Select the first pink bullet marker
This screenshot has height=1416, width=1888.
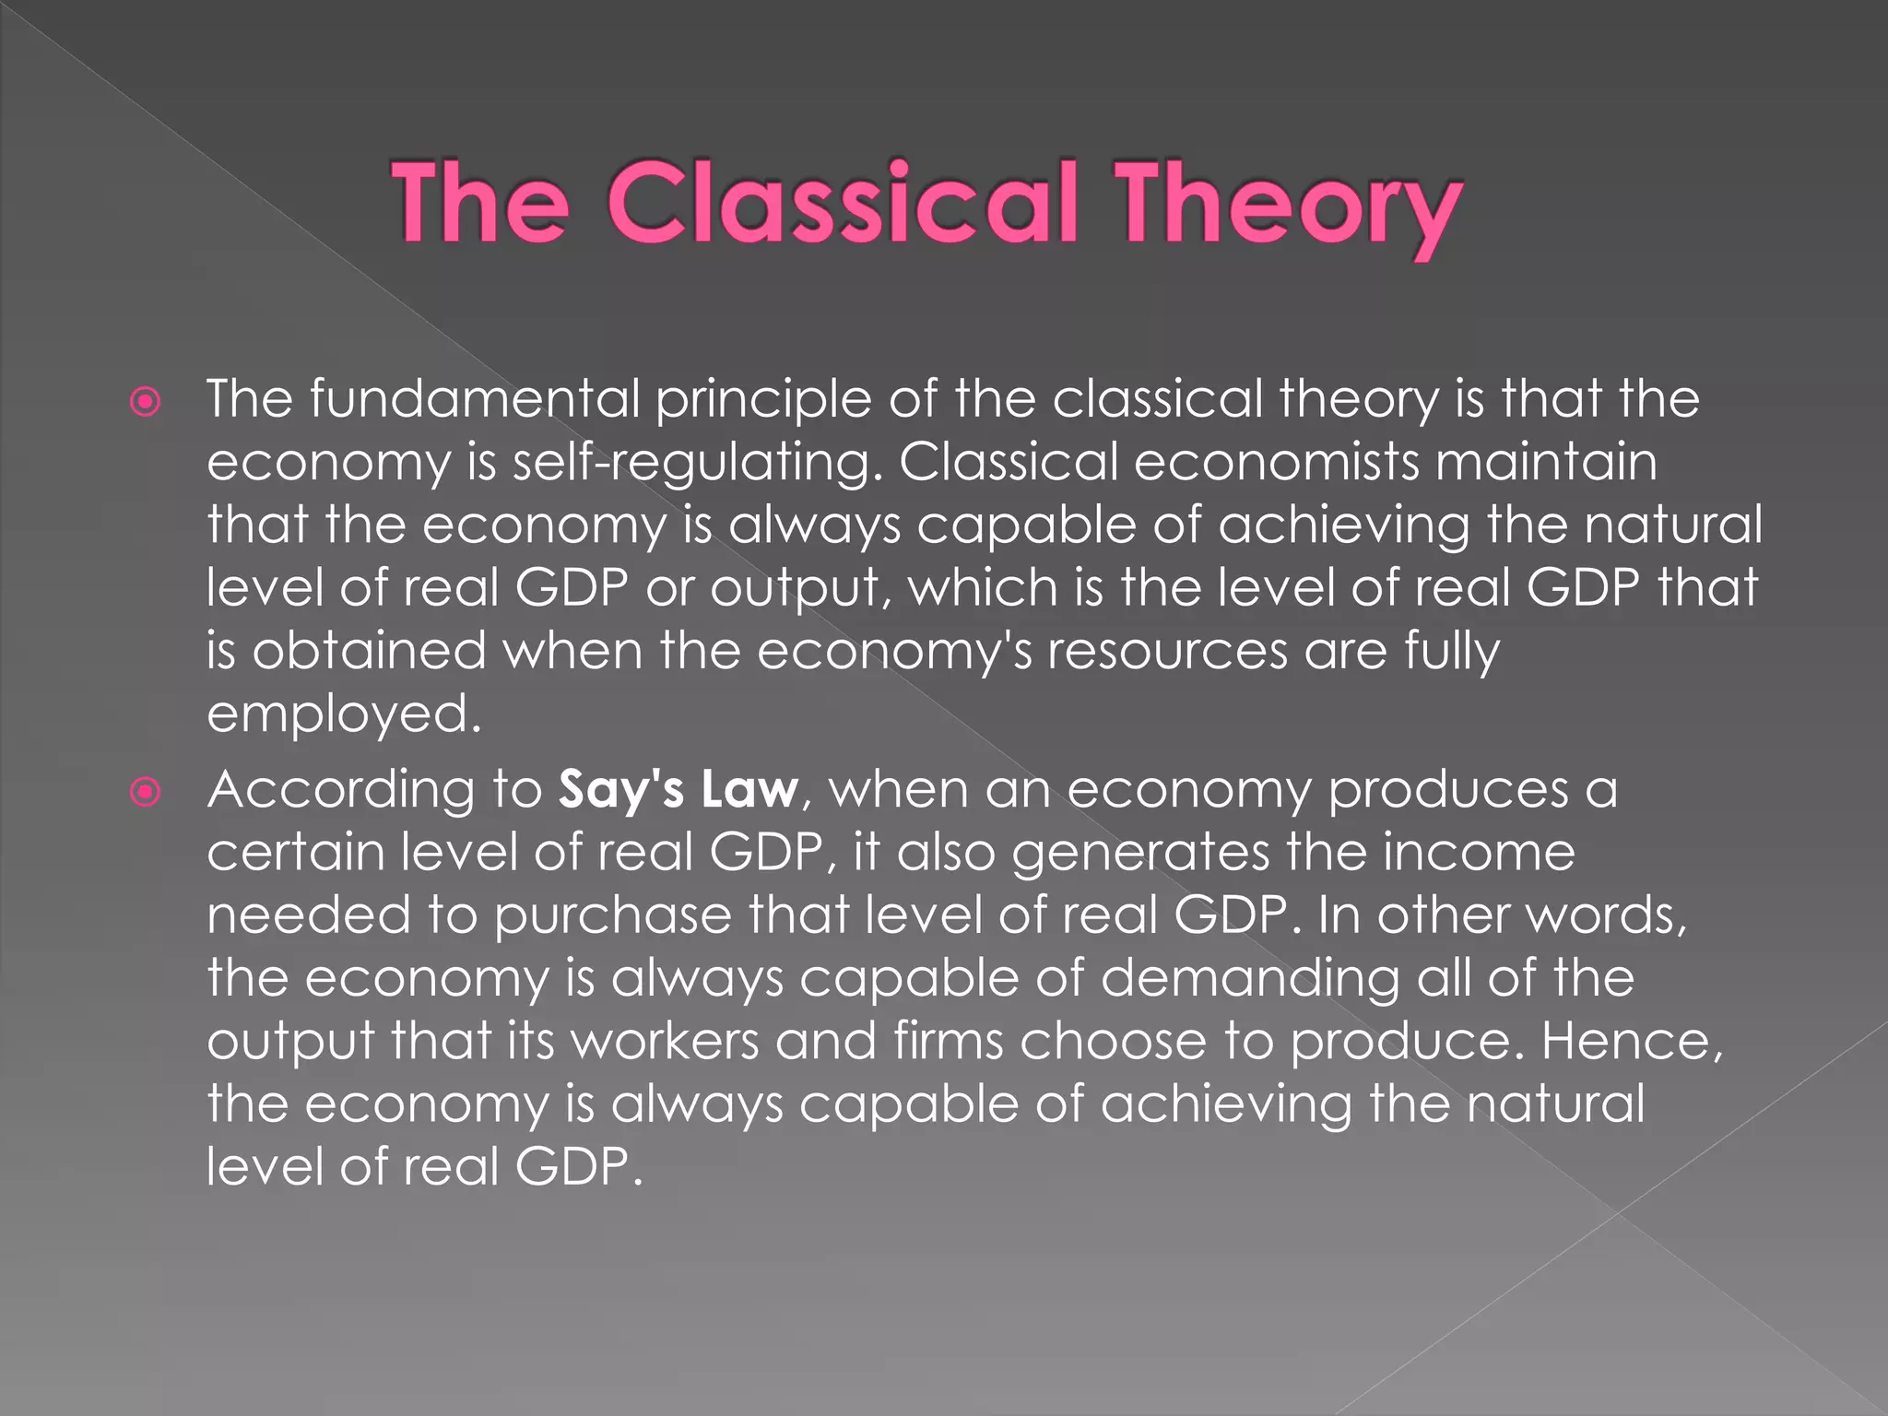pos(146,402)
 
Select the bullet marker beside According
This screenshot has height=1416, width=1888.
pos(146,792)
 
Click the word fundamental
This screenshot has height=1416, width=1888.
pos(474,400)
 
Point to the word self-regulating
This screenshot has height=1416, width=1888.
pos(691,463)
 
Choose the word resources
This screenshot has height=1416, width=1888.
pos(1167,653)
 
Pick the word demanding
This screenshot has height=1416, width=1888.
pos(1250,979)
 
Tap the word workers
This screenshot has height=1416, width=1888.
pos(665,1042)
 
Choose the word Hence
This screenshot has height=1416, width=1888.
pos(1626,1042)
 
